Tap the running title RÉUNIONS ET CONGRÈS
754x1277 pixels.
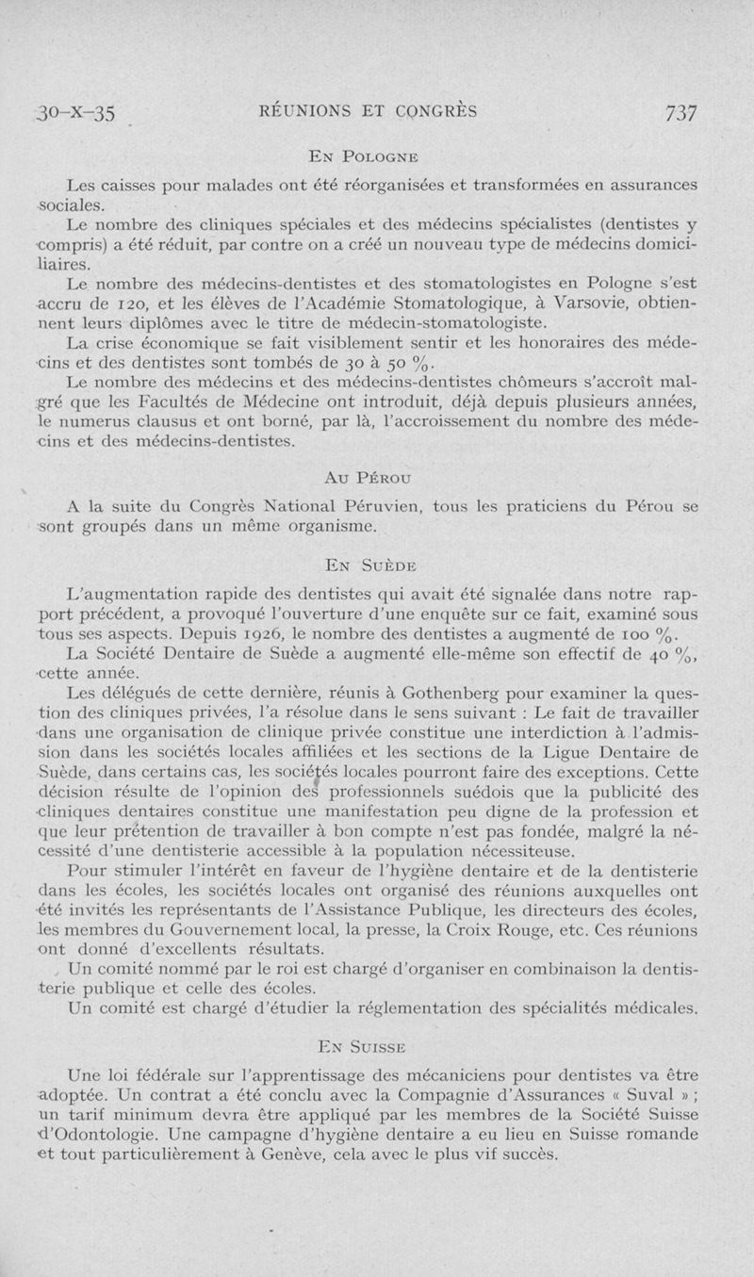[368, 111]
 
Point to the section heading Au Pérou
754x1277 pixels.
[368, 477]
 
